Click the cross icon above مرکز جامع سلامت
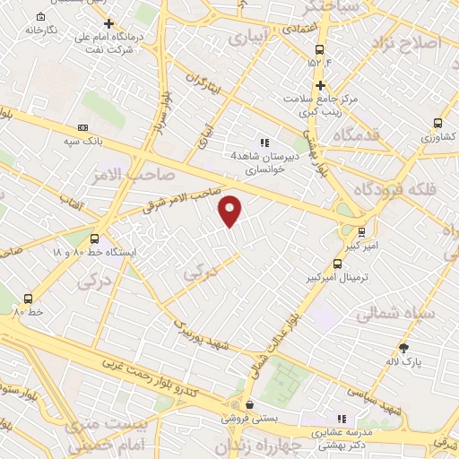[x=320, y=84]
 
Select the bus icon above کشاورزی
[x=437, y=124]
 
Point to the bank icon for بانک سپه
[x=82, y=128]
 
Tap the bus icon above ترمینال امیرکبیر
[x=337, y=264]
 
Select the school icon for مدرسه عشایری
[x=341, y=419]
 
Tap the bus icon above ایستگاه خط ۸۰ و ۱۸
[x=94, y=238]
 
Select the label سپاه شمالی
[x=395, y=315]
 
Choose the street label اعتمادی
[x=303, y=30]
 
